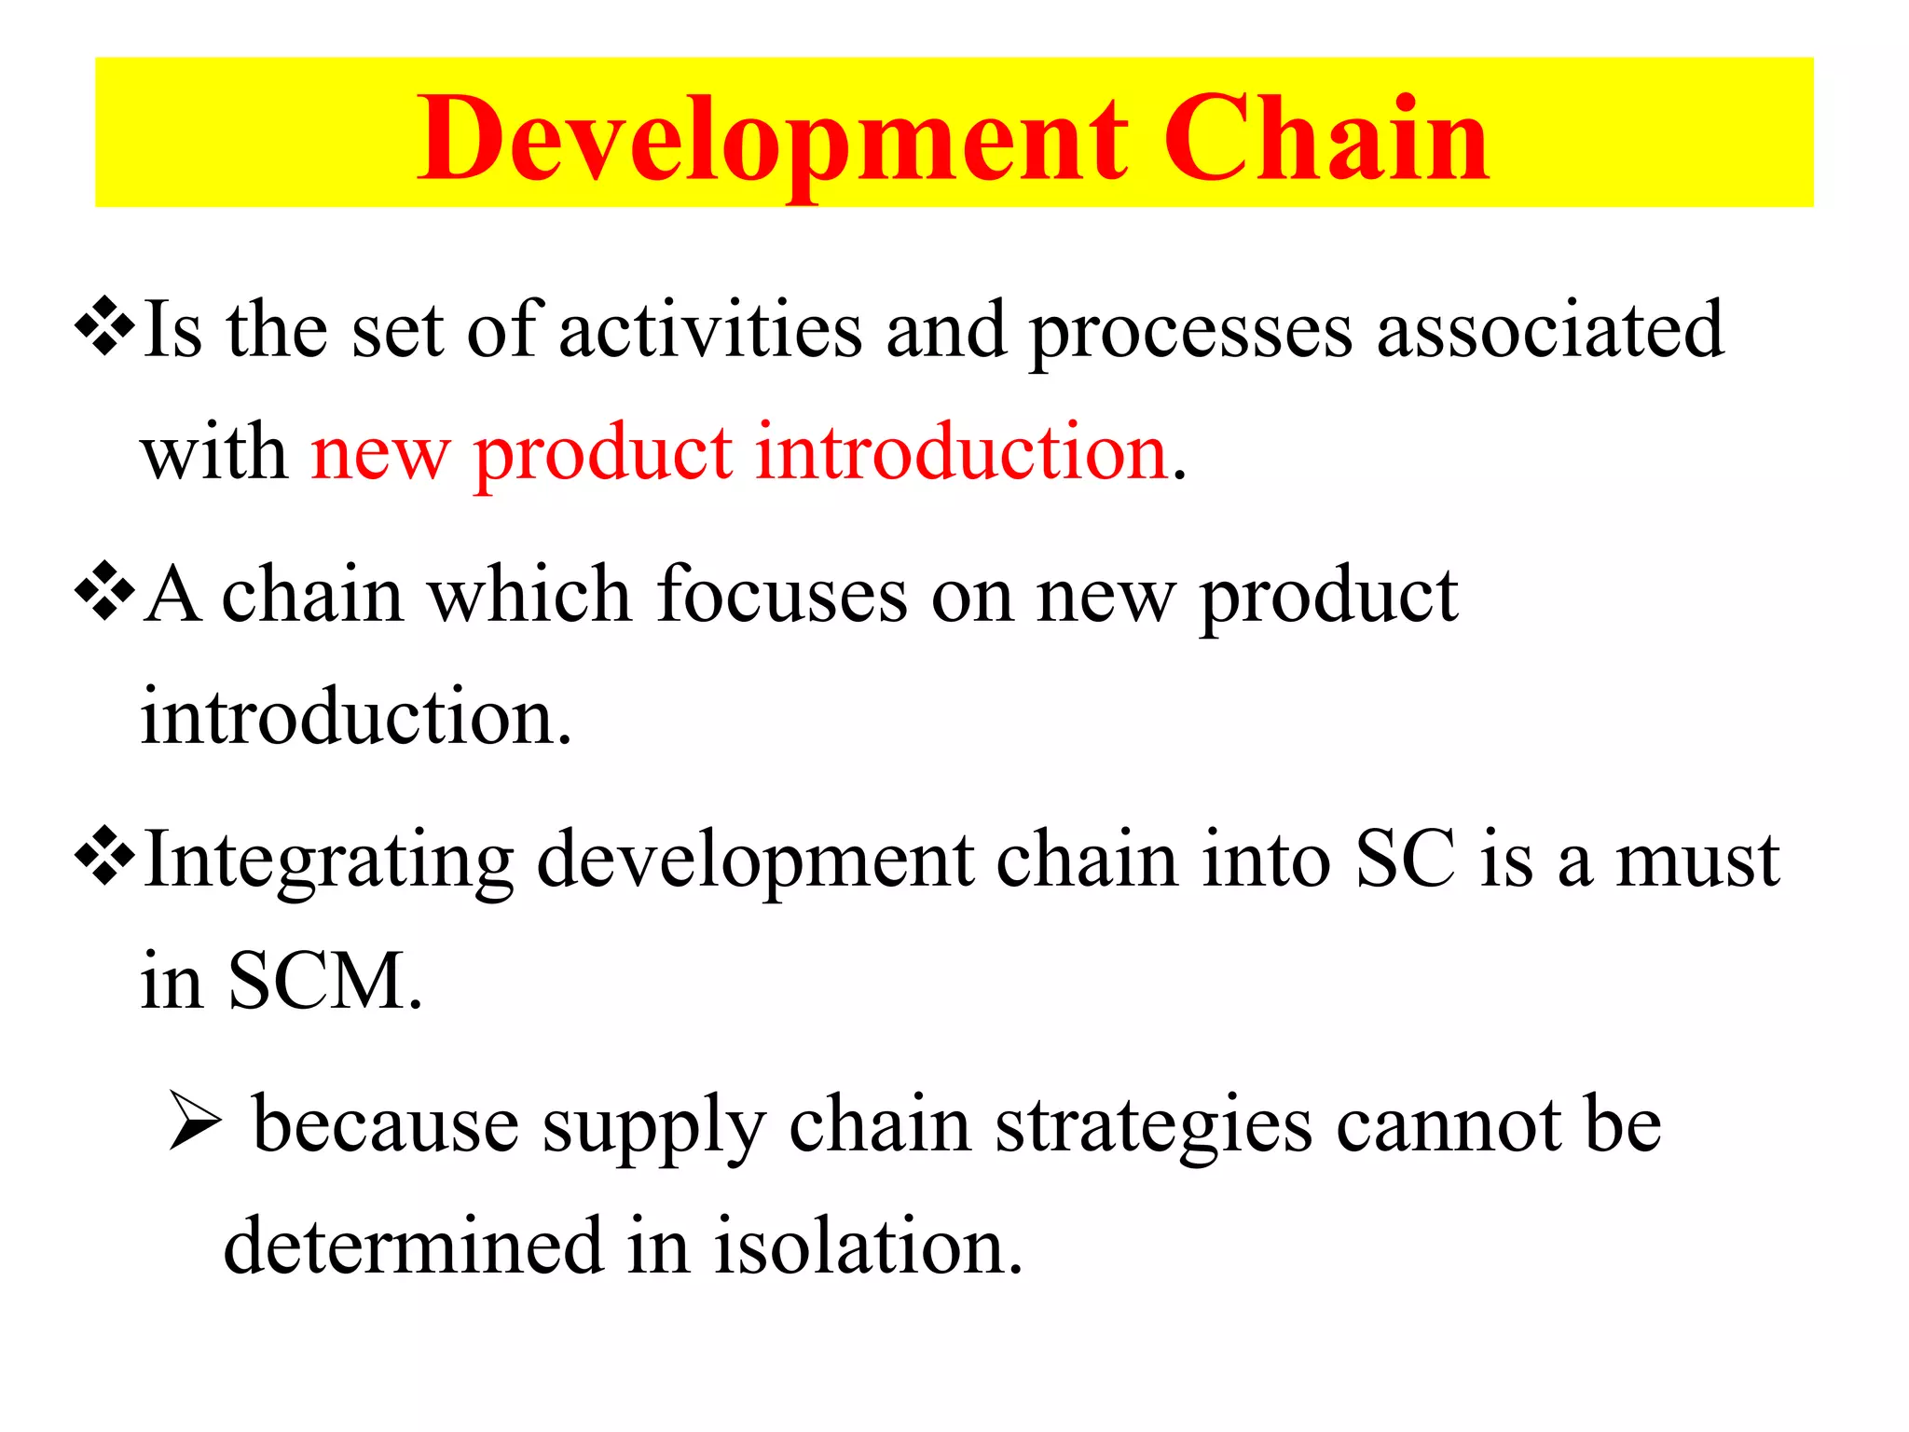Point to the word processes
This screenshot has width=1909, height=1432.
(1190, 333)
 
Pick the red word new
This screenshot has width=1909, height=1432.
(379, 454)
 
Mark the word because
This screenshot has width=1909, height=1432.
(385, 1124)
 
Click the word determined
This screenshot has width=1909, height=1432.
(413, 1246)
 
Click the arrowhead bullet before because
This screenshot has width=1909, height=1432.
(195, 1122)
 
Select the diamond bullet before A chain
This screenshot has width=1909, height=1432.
(104, 590)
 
